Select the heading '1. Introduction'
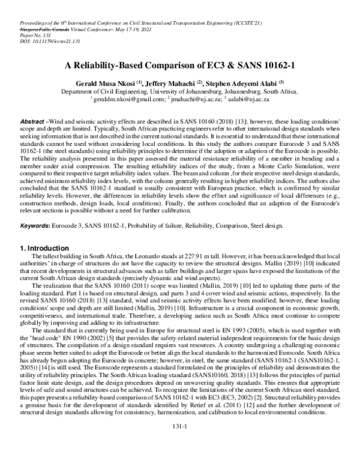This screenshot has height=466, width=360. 45,247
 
